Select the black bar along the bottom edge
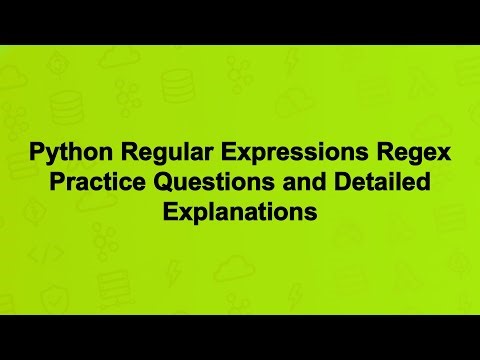240,337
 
